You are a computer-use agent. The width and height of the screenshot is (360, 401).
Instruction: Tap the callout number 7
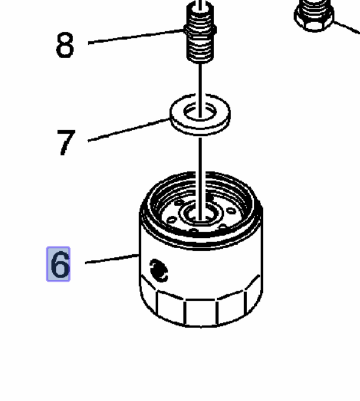[66, 142]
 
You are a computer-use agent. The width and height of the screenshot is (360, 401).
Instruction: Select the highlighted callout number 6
[59, 264]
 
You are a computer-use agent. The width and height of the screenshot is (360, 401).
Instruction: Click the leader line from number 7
[129, 131]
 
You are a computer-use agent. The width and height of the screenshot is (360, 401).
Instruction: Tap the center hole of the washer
[200, 111]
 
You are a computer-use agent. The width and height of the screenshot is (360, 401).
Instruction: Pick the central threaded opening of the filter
[200, 212]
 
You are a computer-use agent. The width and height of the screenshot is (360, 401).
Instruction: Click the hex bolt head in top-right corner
[313, 14]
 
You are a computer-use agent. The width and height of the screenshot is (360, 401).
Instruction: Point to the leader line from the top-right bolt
[346, 28]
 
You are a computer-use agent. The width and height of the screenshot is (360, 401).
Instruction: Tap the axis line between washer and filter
[200, 162]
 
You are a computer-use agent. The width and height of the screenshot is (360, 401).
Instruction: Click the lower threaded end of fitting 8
[200, 51]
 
